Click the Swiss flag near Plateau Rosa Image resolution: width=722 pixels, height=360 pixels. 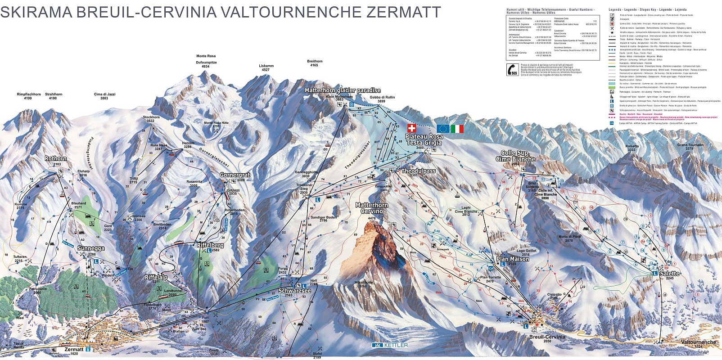411,128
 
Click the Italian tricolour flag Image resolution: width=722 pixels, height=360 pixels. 457,129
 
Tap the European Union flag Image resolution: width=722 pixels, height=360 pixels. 442,129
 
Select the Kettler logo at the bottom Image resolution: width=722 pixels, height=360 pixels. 390,345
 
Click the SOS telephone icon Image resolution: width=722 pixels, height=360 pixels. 512,70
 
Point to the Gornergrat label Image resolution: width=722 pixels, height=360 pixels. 235,175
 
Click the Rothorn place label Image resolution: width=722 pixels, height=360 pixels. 56,159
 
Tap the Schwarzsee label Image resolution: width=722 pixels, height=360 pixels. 294,291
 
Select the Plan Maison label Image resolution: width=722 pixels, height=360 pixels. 513,259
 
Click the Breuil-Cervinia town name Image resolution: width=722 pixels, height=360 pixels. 546,337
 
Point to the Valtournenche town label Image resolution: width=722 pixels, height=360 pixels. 699,342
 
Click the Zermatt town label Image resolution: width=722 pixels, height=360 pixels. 74,349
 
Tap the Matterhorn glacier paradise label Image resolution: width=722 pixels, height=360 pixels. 343,90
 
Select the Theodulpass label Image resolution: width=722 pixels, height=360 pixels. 418,171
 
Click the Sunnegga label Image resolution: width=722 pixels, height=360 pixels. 90,248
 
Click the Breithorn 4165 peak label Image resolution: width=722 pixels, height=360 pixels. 315,63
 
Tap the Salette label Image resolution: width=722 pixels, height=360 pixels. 669,273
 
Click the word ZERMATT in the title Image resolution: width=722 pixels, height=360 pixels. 403,12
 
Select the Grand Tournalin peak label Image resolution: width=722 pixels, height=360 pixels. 690,145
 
